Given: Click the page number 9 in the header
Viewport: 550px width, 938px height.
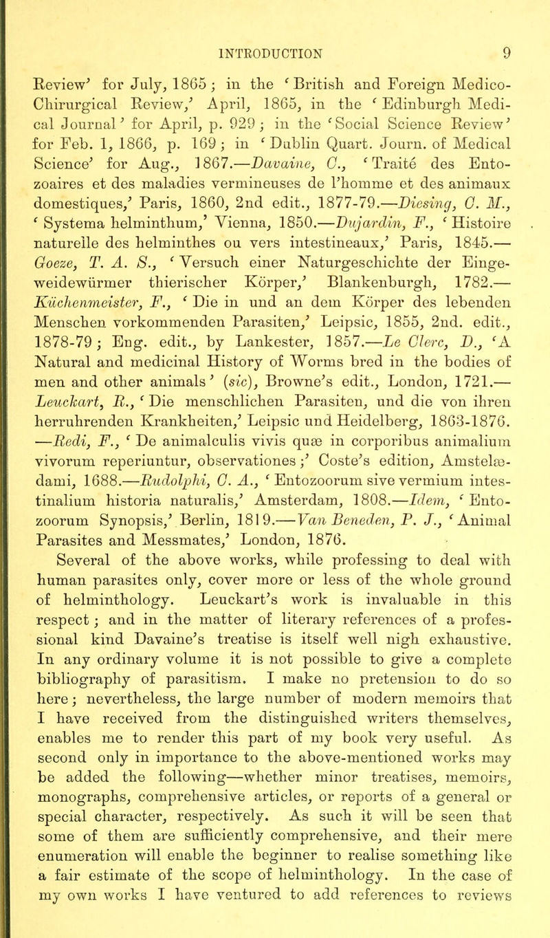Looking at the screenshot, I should pos(529,12).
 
